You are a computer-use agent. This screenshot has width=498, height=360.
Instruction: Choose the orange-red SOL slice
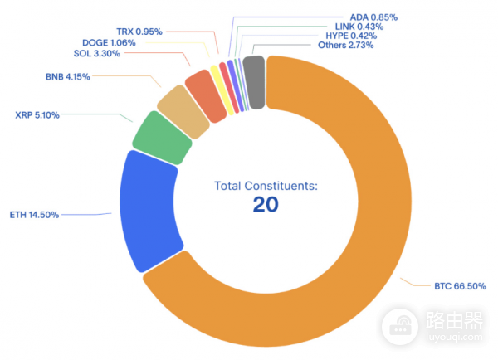click(205, 93)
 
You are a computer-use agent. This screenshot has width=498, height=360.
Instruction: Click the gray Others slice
click(255, 82)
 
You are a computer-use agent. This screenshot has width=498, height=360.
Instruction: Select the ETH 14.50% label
click(34, 215)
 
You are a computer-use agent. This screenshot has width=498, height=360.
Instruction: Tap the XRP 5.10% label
click(37, 115)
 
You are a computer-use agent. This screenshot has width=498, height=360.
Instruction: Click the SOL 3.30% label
click(97, 53)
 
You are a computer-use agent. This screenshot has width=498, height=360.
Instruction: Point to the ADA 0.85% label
click(350, 16)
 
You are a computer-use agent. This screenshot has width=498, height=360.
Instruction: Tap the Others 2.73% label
click(345, 46)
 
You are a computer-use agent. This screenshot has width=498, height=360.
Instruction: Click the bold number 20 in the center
click(266, 205)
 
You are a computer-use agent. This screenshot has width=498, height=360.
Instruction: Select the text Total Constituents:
click(266, 187)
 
